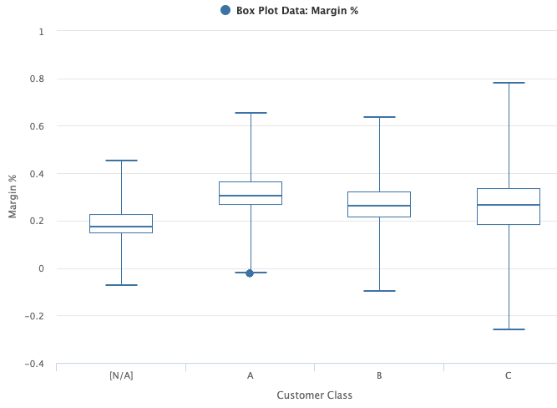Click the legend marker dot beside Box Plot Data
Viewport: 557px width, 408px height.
click(225, 10)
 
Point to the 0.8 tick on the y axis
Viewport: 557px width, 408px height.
click(38, 79)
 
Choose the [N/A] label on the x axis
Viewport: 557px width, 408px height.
click(121, 375)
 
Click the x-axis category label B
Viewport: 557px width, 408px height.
click(379, 375)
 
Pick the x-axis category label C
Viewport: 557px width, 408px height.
click(508, 375)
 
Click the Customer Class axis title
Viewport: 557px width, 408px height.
click(314, 395)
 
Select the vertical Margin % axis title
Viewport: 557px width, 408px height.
click(13, 197)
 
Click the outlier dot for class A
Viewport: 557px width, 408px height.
click(250, 273)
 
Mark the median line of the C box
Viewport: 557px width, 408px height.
click(508, 205)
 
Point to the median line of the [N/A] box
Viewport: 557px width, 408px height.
click(121, 227)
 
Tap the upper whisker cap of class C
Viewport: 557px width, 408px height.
click(508, 83)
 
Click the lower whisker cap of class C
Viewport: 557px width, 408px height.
click(508, 329)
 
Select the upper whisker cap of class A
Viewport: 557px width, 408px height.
click(250, 113)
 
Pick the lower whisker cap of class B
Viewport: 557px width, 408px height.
click(379, 291)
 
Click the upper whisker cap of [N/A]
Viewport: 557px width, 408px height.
click(121, 161)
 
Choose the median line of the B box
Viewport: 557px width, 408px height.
click(379, 206)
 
